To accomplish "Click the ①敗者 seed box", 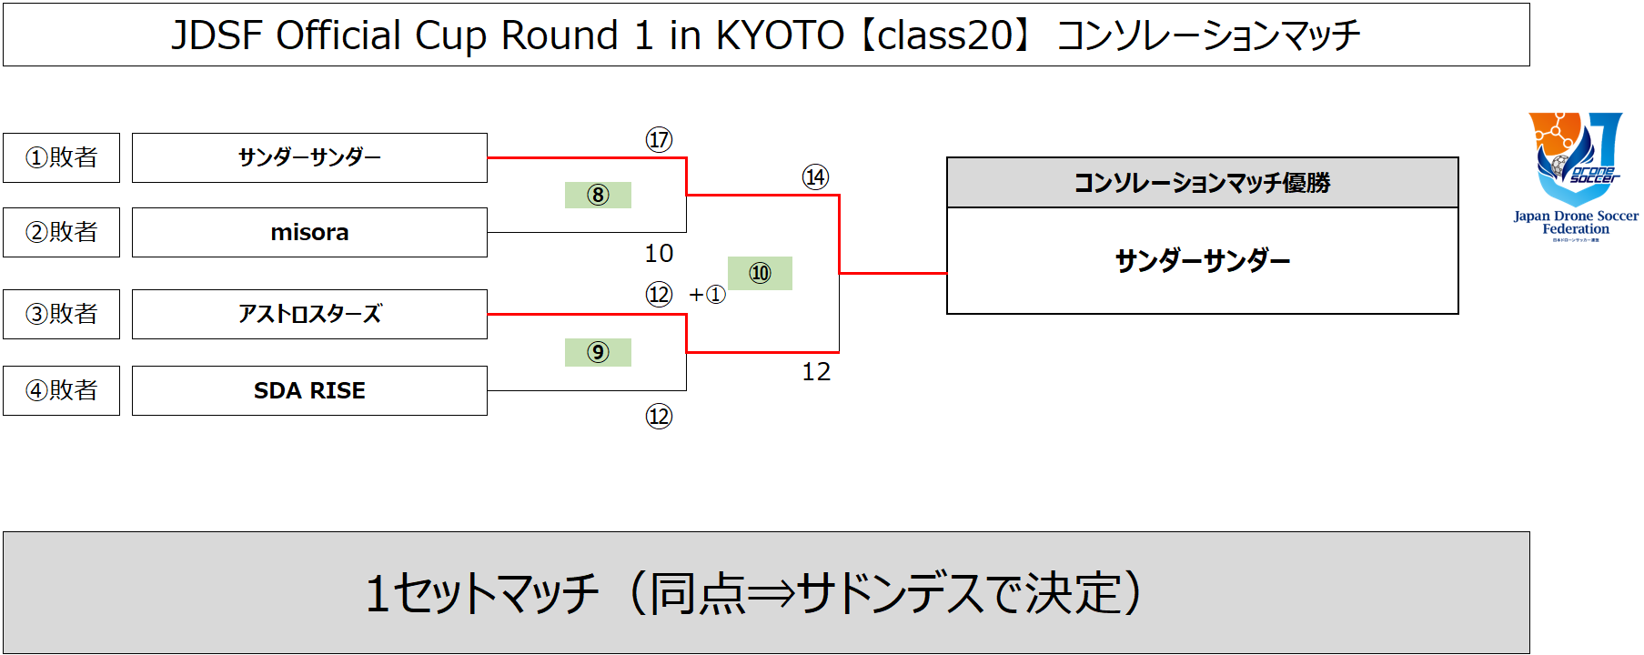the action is point(61,157).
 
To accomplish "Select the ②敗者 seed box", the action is point(61,232).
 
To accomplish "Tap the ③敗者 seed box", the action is point(61,314).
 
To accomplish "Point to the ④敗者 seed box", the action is point(61,390).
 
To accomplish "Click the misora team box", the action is point(309,232).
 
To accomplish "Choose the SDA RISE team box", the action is point(309,390).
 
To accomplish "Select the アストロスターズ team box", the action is point(309,314).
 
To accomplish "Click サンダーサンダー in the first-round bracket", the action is point(309,157).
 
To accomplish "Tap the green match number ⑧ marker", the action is point(598,195).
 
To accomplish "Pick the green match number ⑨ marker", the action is point(598,352).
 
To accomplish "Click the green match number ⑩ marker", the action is point(760,273).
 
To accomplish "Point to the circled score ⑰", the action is point(659,139).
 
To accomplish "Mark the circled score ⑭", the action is point(815,176).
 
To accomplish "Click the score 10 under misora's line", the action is point(659,253).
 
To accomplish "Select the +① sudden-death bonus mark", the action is point(707,295).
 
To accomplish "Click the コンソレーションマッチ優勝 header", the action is point(1202,183).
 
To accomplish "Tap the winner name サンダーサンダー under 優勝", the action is point(1202,261).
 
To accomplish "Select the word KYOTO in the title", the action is point(780,35).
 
